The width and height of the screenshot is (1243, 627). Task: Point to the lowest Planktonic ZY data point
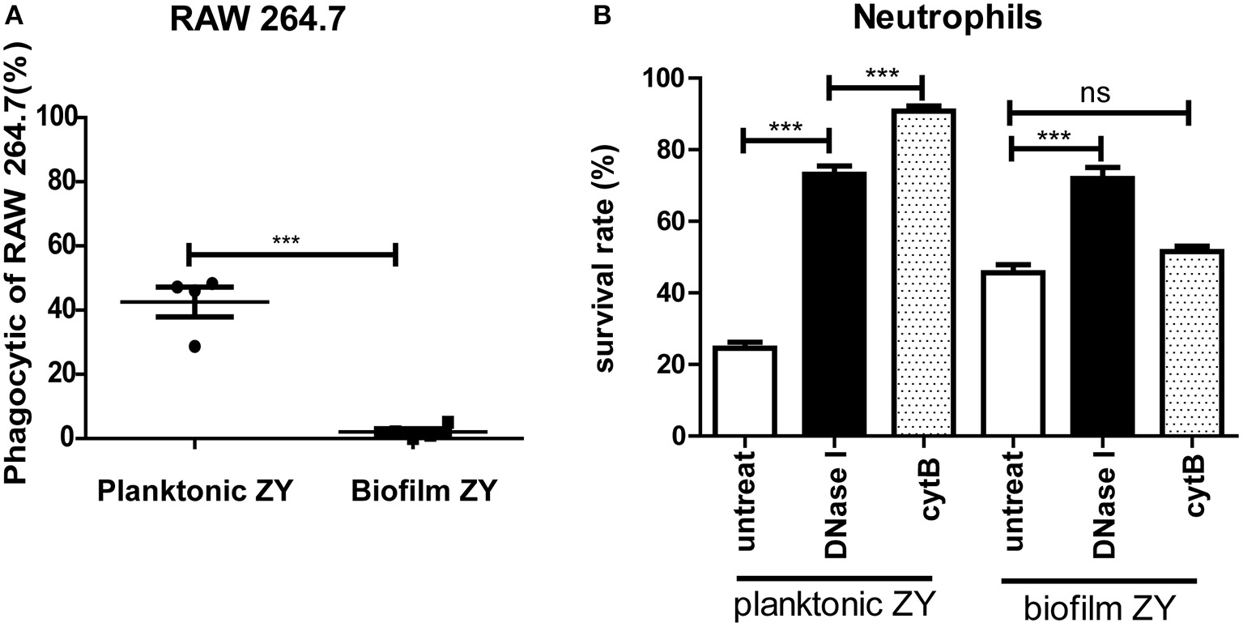195,346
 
